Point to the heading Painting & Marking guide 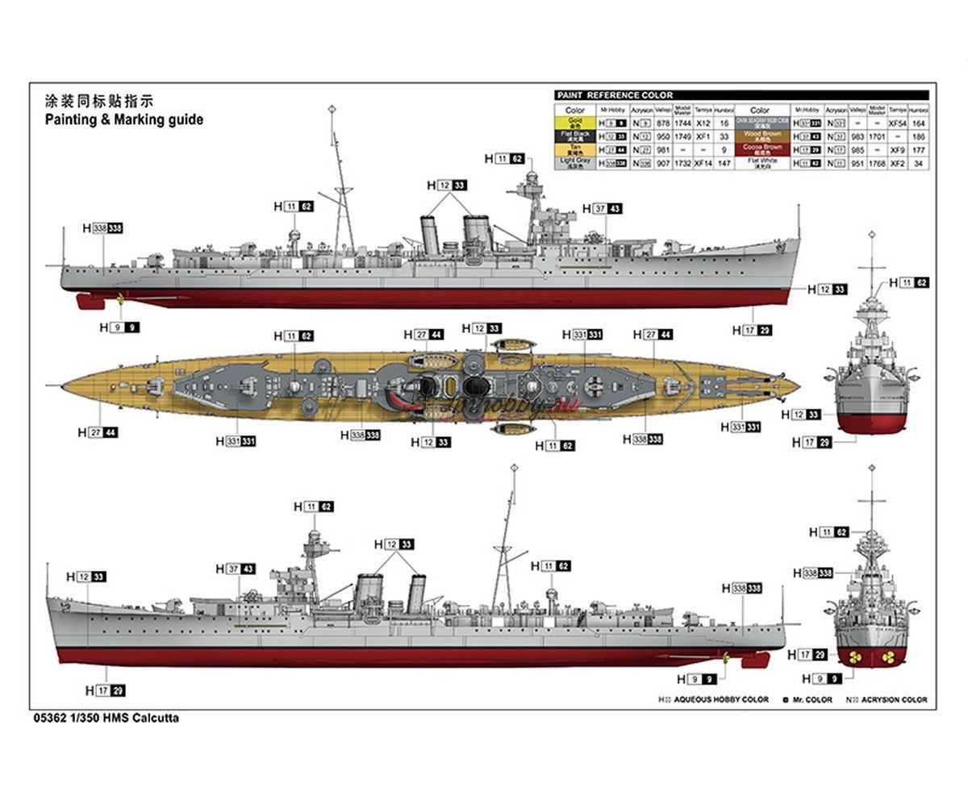[x=123, y=119]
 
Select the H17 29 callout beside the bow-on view [x=811, y=442]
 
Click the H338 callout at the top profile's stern [x=102, y=229]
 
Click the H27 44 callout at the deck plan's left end [x=98, y=432]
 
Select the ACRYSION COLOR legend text [x=891, y=700]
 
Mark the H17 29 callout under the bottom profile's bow [x=105, y=690]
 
